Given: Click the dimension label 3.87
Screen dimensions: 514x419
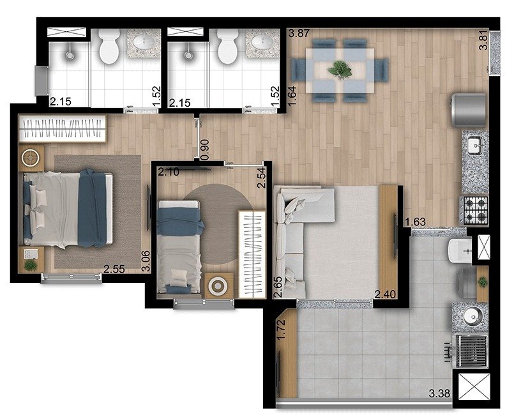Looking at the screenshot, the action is pos(298,33).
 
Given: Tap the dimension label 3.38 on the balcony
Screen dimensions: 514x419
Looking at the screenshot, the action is pos(439,393).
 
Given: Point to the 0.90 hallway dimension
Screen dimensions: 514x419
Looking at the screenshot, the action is pos(205,150).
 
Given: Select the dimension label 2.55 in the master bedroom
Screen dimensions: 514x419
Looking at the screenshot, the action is pos(114,269).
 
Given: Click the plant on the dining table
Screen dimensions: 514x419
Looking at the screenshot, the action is pos(340,70).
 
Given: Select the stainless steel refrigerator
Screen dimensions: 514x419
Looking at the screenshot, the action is pos(469,110).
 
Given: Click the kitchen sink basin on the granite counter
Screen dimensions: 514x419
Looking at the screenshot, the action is pos(474,145).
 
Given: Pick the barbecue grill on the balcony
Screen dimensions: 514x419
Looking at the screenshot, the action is pos(471,351).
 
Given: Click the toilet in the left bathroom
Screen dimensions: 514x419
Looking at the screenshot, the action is pos(109,46).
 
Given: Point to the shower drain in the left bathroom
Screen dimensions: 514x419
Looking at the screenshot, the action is pos(70,56).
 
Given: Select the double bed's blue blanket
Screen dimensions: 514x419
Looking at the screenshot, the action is pos(92,208).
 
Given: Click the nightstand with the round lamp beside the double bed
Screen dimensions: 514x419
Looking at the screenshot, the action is pos(31,158).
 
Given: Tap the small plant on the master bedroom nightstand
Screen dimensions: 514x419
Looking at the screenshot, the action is pos(31,265).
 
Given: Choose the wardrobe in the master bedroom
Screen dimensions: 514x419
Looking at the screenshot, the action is pos(63,128).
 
